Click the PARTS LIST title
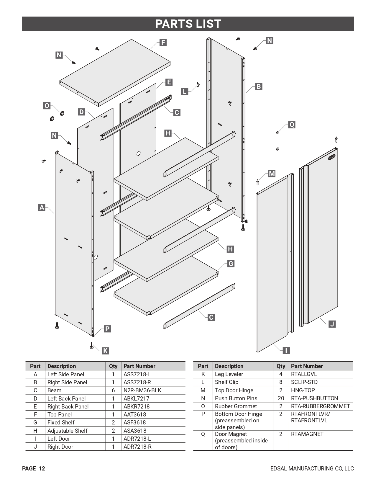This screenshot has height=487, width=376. click(188, 24)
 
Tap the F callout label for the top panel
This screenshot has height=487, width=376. click(163, 43)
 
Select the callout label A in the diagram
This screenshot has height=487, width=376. click(42, 207)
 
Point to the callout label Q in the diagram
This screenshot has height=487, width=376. click(291, 125)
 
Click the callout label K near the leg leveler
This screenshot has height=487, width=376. click(105, 351)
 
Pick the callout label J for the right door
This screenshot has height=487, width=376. click(332, 324)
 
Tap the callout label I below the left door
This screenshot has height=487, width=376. click(286, 351)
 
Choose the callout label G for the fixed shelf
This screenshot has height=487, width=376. click(231, 264)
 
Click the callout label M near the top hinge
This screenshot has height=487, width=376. click(272, 174)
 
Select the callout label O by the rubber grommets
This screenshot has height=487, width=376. click(47, 106)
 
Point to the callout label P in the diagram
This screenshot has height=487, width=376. click(107, 329)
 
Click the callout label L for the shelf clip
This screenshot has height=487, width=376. click(185, 91)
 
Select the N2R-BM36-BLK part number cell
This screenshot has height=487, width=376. click(142, 390)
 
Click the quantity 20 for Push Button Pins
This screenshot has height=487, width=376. click(281, 398)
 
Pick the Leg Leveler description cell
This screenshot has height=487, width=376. click(229, 374)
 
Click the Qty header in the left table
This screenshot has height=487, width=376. click(113, 366)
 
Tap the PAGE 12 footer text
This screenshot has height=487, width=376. click(34, 468)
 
